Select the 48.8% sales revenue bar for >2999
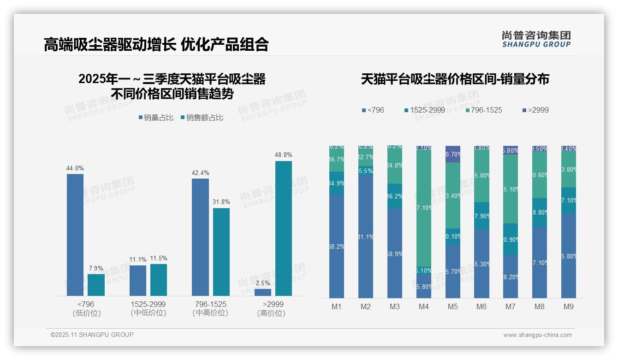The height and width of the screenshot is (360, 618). point(284,228)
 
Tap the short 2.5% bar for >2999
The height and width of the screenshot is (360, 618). point(263,292)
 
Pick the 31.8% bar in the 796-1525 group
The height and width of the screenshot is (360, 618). point(221,252)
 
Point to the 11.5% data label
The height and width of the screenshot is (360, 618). point(159,258)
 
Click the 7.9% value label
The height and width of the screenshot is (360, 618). point(96,269)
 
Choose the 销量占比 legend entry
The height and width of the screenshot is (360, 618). point(156,118)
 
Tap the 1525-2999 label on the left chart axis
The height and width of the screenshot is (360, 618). point(148,305)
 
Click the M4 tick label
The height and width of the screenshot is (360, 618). point(424,306)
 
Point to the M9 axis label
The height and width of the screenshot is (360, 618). point(569,306)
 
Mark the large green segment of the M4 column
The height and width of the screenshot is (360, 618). point(424,208)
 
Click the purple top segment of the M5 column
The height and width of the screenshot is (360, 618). point(453,154)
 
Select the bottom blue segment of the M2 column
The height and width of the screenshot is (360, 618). point(366,236)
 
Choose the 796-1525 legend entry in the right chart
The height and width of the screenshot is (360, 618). point(483,110)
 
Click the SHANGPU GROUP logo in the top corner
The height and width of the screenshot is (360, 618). point(536,39)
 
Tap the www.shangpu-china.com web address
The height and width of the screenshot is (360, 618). point(537,335)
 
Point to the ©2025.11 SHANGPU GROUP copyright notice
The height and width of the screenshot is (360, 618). point(92,335)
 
